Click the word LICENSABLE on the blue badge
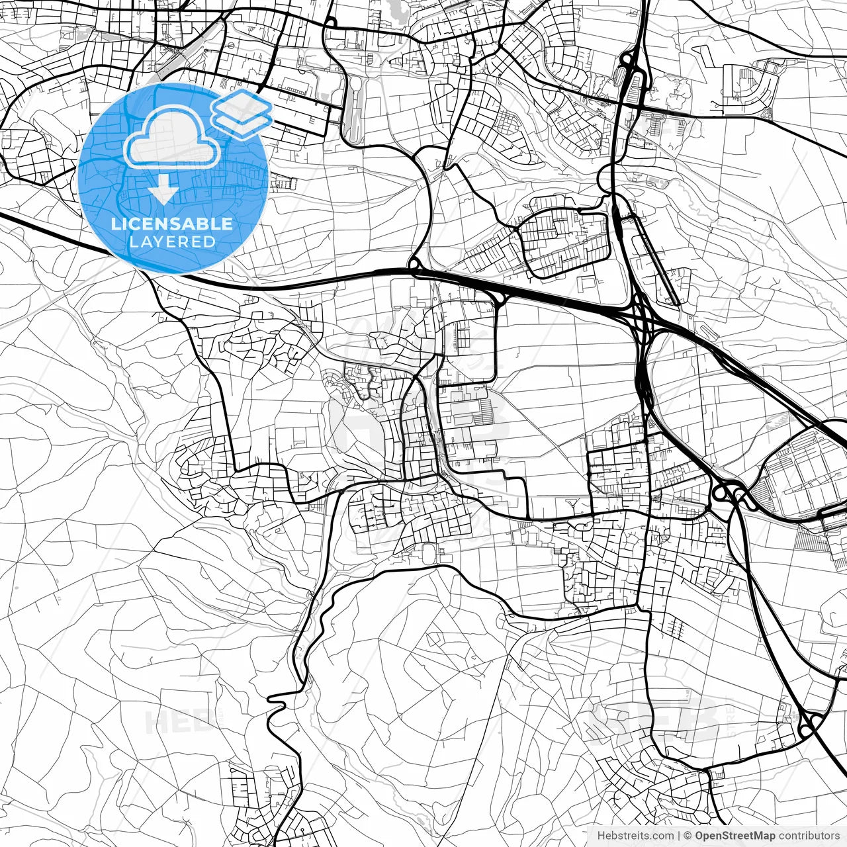tap(172, 224)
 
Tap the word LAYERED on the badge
tap(172, 242)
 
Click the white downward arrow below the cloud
tap(162, 192)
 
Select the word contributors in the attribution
tap(808, 836)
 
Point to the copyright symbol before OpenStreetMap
tap(688, 836)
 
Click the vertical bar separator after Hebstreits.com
tap(679, 836)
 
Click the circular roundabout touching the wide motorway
tap(416, 266)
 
